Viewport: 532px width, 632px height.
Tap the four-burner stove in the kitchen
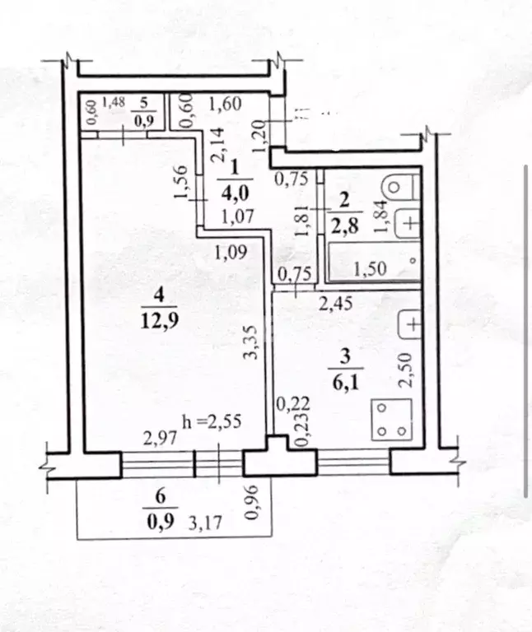[x=390, y=419]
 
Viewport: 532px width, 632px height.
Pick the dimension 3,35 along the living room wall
[x=257, y=342]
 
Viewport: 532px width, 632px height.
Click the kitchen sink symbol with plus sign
[x=409, y=323]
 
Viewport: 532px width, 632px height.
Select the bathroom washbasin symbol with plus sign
[x=409, y=223]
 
